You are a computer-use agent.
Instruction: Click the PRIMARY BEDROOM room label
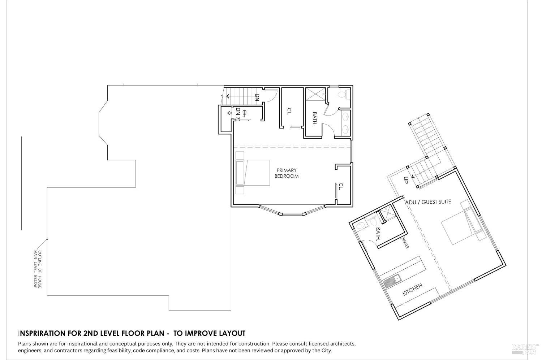click(x=286, y=173)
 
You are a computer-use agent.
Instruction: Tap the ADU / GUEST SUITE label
click(x=428, y=202)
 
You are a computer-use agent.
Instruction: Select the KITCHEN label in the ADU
click(x=412, y=290)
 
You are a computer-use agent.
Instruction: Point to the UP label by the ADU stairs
click(x=405, y=180)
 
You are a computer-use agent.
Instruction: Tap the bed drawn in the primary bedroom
click(x=253, y=173)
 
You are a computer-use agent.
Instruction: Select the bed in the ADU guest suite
click(x=460, y=224)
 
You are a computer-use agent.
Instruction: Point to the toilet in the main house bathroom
click(x=343, y=95)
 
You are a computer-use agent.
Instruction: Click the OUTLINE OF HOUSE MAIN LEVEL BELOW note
click(x=38, y=269)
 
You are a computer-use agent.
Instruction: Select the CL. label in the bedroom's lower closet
click(x=340, y=186)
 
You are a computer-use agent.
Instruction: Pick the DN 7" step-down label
click(x=238, y=113)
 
